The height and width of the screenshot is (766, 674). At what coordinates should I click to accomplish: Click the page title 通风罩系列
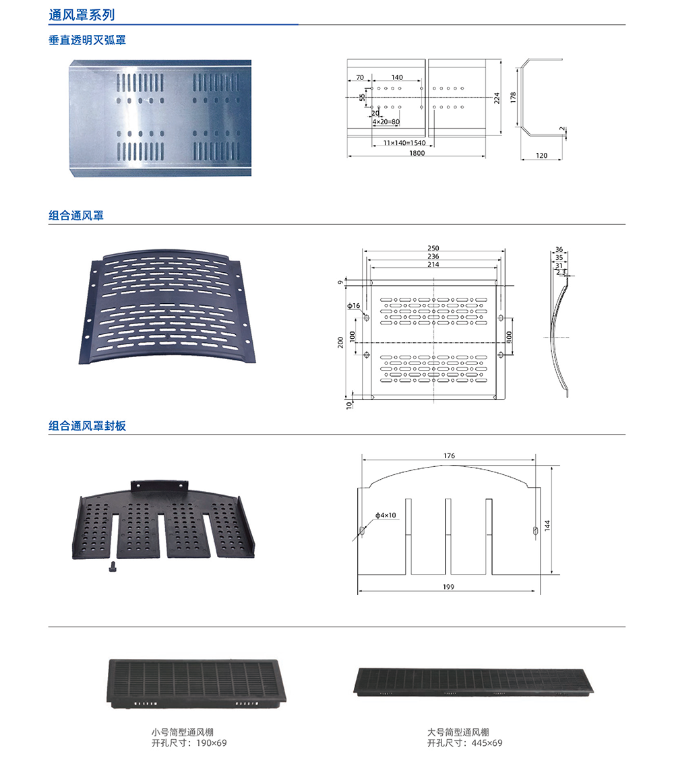[82, 15]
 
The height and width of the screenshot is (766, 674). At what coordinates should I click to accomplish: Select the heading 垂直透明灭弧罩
[87, 40]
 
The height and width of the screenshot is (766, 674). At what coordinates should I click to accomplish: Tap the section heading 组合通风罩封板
[87, 426]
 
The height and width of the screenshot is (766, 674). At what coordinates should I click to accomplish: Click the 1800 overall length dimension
[417, 153]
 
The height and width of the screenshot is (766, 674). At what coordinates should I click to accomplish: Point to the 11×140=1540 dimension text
[404, 143]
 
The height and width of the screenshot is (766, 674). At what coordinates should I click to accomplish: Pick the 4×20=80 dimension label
[386, 122]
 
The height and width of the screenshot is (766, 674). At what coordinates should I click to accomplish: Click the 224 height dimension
[497, 98]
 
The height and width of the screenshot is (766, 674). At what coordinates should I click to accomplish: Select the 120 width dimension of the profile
[541, 156]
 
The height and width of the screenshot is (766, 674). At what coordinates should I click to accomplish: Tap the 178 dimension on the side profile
[513, 97]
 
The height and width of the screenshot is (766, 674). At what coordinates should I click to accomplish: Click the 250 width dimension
[433, 248]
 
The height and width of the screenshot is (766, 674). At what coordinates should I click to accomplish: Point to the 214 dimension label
[433, 264]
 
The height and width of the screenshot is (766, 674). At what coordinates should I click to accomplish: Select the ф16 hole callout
[353, 306]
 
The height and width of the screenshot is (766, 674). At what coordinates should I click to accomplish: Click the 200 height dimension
[340, 342]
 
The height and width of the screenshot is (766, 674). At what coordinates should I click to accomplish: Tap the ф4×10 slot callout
[386, 515]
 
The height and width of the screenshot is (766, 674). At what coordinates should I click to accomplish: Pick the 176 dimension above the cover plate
[449, 456]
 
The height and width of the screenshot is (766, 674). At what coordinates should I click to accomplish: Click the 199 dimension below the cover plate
[448, 587]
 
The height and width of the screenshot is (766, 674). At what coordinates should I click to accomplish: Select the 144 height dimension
[547, 525]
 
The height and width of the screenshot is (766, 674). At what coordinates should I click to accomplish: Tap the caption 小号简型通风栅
[182, 732]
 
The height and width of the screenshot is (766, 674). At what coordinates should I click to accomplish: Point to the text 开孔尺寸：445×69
[465, 743]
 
